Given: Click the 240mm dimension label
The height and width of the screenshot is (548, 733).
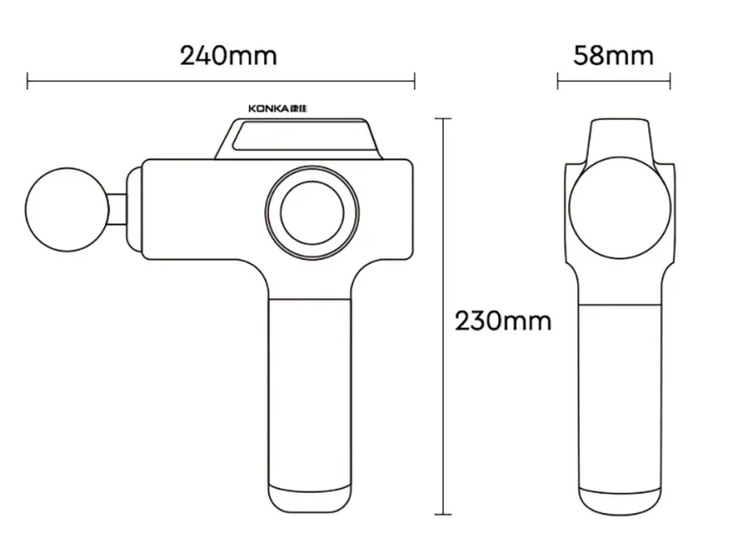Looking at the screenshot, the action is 229,55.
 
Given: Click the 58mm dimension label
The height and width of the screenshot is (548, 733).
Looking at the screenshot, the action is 614,55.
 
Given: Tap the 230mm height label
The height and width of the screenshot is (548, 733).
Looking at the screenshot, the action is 503,321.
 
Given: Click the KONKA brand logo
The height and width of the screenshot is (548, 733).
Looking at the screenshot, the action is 278,109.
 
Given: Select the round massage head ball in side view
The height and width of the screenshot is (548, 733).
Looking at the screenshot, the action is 67,210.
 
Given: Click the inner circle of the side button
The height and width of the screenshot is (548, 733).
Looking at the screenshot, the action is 312,213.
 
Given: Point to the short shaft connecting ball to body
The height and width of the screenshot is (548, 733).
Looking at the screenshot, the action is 117,210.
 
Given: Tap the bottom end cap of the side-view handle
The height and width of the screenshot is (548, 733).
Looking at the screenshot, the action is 309,498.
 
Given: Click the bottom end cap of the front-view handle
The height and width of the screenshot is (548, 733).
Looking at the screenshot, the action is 619,501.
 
